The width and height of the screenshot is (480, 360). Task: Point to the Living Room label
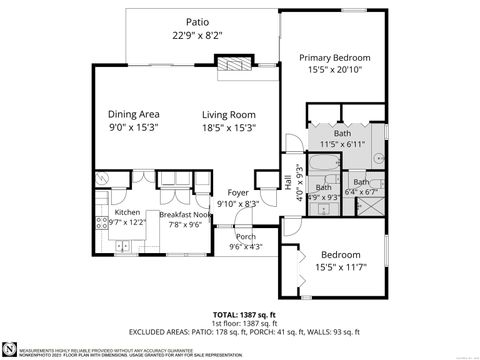pos(229,114)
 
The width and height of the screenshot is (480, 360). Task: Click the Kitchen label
pos(127,213)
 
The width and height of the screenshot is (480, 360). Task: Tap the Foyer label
pos(238,192)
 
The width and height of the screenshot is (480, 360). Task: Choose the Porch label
pos(245,236)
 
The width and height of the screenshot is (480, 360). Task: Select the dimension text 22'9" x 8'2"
pos(197,35)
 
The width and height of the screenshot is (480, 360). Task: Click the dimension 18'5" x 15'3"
pos(229,127)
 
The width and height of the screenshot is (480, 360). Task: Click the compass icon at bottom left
pos(10,348)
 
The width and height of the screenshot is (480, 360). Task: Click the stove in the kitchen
pos(101,222)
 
